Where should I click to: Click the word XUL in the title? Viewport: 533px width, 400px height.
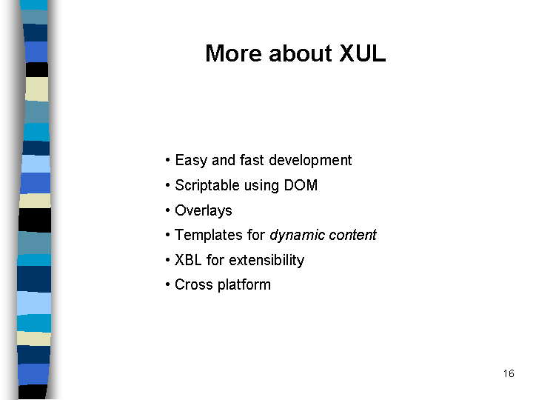pyautogui.click(x=363, y=53)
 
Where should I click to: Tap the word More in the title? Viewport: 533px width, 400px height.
pyautogui.click(x=233, y=53)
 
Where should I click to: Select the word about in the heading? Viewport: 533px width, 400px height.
pyautogui.click(x=300, y=53)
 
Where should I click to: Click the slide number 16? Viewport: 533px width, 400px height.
pyautogui.click(x=509, y=373)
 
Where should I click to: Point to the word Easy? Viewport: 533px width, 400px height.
pyautogui.click(x=191, y=161)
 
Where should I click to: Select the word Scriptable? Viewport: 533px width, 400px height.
pyautogui.click(x=207, y=186)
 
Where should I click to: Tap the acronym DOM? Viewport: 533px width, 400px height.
pyautogui.click(x=301, y=185)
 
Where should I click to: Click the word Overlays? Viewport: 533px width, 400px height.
pyautogui.click(x=204, y=210)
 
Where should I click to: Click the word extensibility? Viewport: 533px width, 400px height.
pyautogui.click(x=266, y=260)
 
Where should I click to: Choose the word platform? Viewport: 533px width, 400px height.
pyautogui.click(x=244, y=285)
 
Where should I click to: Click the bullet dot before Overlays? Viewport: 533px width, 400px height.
pyautogui.click(x=167, y=210)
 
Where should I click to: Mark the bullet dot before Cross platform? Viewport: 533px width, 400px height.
pyautogui.click(x=167, y=284)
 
